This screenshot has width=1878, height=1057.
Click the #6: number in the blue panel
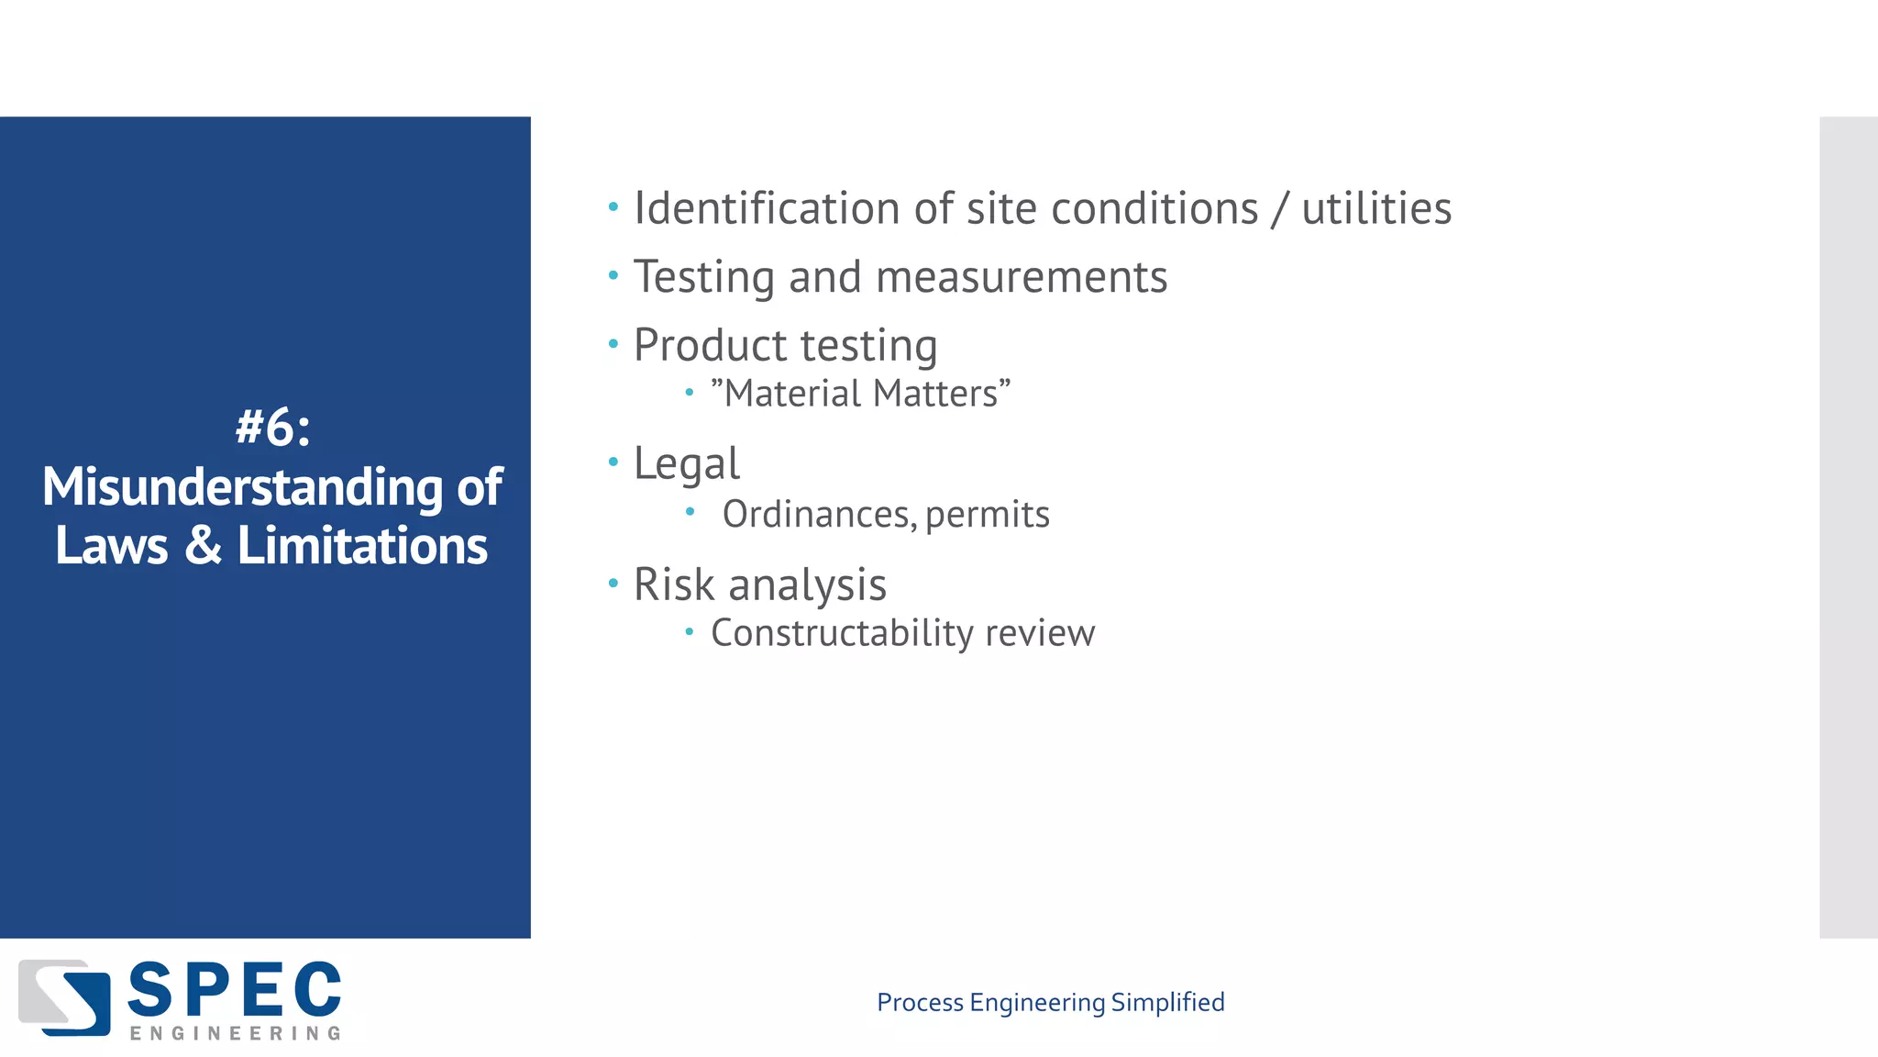point(272,428)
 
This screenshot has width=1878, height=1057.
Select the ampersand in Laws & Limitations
point(203,545)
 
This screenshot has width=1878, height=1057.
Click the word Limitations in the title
point(362,545)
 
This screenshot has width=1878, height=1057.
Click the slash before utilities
point(1280,209)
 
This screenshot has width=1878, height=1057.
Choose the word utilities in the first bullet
point(1376,208)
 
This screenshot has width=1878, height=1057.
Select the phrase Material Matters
point(860,394)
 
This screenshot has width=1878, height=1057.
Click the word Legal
point(686,463)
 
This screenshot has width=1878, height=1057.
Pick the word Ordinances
point(818,514)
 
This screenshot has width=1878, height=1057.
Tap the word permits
point(987,515)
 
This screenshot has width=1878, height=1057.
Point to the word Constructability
point(842,633)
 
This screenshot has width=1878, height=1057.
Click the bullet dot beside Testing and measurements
point(613,274)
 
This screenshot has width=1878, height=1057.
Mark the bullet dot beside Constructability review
point(690,631)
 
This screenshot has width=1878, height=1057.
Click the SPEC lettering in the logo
point(234,991)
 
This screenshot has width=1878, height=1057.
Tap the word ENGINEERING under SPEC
point(235,1033)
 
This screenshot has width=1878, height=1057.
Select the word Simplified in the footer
point(1167,1002)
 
